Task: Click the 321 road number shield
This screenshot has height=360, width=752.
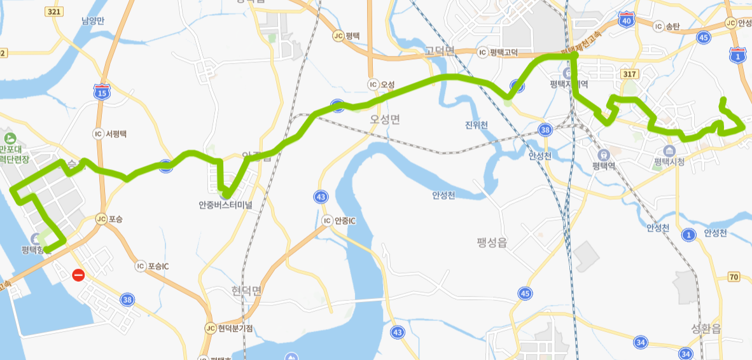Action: pyautogui.click(x=55, y=12)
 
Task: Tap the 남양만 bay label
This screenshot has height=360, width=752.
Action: pyautogui.click(x=92, y=20)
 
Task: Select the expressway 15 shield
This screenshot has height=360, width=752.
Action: pyautogui.click(x=101, y=93)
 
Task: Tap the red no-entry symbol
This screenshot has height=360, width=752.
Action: pyautogui.click(x=78, y=275)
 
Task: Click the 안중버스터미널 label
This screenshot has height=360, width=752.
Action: pyautogui.click(x=225, y=205)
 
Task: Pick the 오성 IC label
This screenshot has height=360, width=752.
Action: pyautogui.click(x=381, y=84)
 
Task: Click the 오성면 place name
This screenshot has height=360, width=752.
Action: pyautogui.click(x=385, y=120)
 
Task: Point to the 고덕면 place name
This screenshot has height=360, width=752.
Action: pyautogui.click(x=440, y=51)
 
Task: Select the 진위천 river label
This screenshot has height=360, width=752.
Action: pyautogui.click(x=476, y=125)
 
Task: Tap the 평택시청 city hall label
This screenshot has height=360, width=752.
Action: pyautogui.click(x=669, y=162)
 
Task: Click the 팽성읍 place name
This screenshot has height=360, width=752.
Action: pyautogui.click(x=493, y=241)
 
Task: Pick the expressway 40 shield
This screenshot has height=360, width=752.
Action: pyautogui.click(x=627, y=20)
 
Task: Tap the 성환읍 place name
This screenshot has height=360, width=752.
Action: pyautogui.click(x=706, y=329)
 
